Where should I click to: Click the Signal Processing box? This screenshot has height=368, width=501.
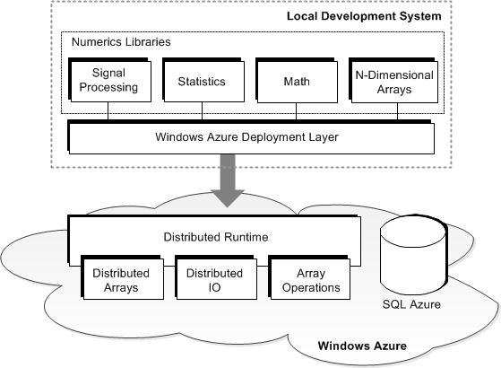point(109,80)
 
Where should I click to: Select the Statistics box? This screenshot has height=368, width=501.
point(203,80)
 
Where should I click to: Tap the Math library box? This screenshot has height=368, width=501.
point(297,81)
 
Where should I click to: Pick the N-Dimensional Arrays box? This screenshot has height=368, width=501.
point(393,81)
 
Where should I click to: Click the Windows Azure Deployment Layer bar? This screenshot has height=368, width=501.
point(251,137)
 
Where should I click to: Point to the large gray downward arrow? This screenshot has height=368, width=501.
point(228,180)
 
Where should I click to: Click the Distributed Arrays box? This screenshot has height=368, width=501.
point(122,277)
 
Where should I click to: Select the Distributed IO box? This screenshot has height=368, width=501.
point(216,277)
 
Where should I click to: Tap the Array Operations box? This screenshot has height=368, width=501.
point(309,277)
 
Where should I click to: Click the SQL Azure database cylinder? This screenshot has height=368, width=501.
point(413,254)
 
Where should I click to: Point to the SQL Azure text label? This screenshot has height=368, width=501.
point(411,304)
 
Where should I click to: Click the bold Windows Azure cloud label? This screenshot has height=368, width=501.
point(362,346)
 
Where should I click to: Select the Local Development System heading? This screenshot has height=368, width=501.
point(364,16)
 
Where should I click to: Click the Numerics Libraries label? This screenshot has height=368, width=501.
point(121,42)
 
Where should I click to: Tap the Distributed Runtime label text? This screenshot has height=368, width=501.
point(216,237)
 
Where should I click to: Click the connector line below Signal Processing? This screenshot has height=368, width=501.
point(108,111)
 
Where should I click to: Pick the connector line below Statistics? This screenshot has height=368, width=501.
point(202,111)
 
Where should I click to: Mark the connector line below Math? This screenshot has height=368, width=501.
point(296,111)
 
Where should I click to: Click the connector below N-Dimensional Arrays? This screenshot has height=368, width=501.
point(397,111)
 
